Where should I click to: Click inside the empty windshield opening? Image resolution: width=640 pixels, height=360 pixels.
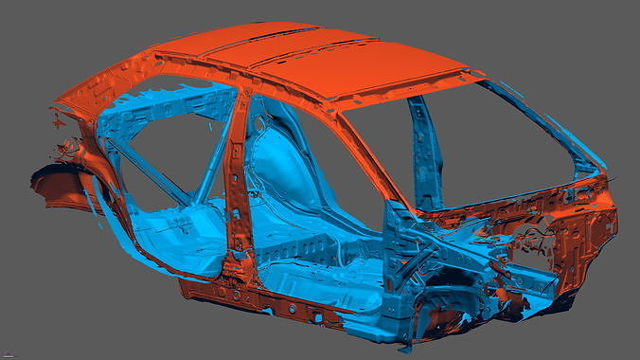502,142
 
